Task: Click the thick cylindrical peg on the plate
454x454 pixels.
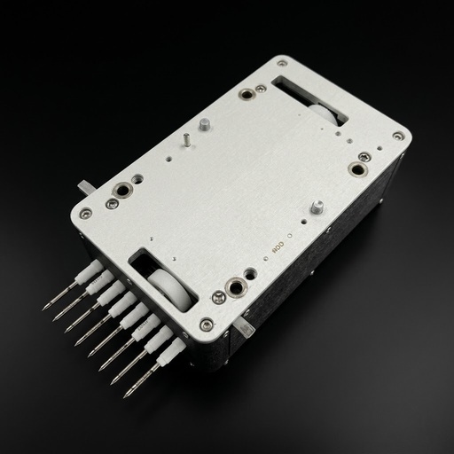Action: tap(202, 124)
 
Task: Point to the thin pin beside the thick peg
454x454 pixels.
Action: tap(187, 139)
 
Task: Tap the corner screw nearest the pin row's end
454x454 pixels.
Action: tap(206, 325)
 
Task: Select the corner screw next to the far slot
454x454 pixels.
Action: tap(282, 64)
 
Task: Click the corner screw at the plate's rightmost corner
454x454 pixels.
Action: tap(398, 137)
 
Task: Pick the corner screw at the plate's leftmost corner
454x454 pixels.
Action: tap(84, 213)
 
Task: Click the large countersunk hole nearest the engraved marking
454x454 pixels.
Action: tap(237, 287)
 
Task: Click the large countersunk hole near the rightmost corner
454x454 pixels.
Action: tap(357, 168)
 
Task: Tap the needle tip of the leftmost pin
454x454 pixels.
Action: tap(44, 309)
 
